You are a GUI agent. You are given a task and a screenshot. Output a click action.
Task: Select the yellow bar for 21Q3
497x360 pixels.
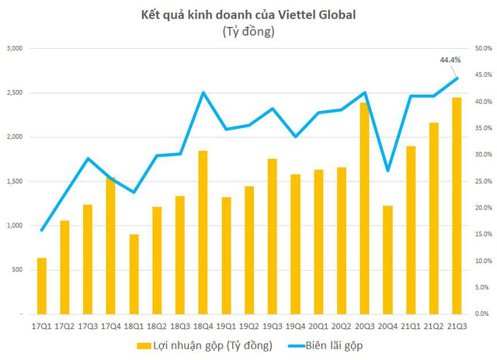pos(457,206)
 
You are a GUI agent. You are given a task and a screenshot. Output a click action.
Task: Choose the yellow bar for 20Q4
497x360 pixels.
pos(388,259)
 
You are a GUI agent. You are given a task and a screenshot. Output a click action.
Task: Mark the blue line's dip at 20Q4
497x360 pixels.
pos(388,171)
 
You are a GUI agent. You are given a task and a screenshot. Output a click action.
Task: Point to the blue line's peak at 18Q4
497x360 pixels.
pos(203,93)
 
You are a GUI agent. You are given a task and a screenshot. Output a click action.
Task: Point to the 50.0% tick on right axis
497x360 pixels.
pos(481,48)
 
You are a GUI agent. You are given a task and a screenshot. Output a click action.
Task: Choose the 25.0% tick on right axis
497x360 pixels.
pos(481,181)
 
